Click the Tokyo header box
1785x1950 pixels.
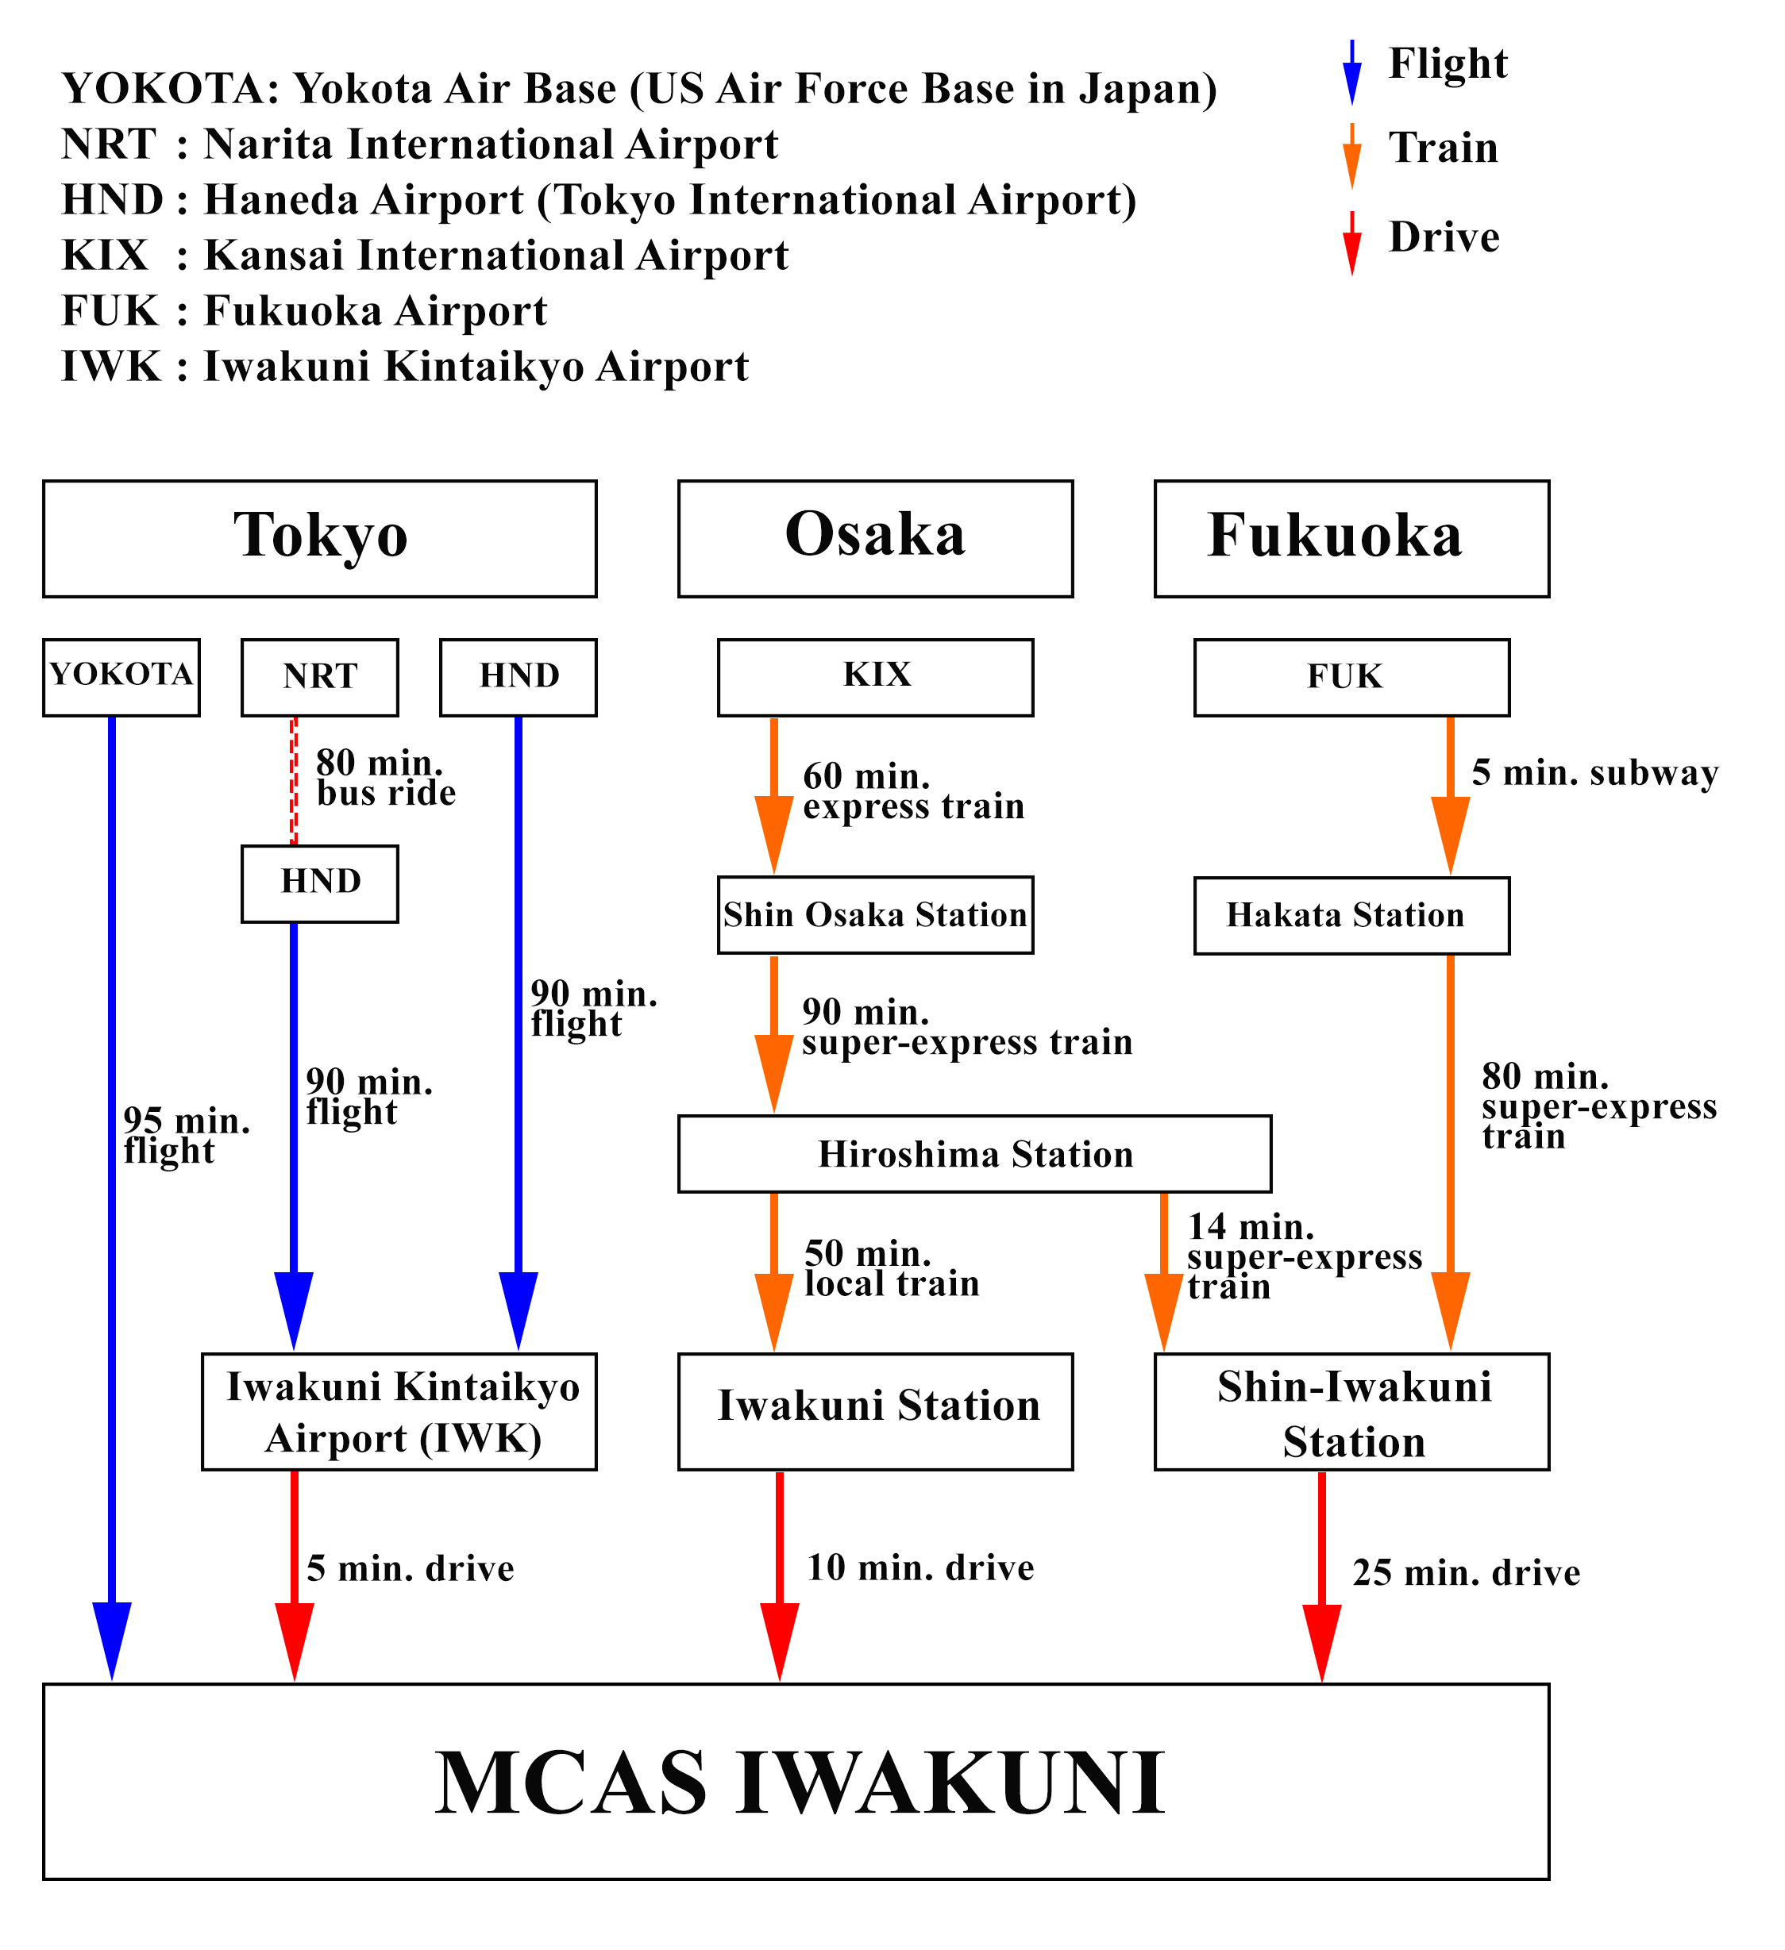tap(319, 539)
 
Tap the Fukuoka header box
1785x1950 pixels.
tap(1351, 539)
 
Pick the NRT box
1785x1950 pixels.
tap(319, 677)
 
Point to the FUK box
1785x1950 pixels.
tap(1351, 677)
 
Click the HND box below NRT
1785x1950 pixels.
tap(319, 884)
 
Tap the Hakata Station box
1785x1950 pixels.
tap(1351, 915)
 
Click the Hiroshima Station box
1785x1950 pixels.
tap(974, 1154)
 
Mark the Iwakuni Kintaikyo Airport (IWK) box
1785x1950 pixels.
tap(399, 1412)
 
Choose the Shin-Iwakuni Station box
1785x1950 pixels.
tap(1351, 1412)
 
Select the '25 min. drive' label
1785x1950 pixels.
tap(1465, 1573)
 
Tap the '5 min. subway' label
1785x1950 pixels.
tap(1594, 773)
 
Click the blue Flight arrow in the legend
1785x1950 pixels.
tap(1351, 72)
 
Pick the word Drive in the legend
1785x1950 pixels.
tap(1444, 237)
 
